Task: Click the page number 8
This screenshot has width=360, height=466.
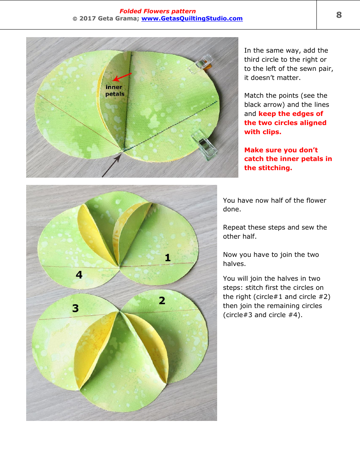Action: pos(339,15)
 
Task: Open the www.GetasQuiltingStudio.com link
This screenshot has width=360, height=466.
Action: pos(192,19)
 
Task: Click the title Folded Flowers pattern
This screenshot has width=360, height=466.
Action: pos(158,11)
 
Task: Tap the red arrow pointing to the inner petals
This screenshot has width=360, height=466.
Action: pos(122,77)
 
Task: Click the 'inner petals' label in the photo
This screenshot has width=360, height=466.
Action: pos(115,91)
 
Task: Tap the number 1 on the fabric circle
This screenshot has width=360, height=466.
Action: pos(167,258)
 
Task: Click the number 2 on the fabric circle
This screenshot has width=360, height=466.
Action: pos(162,301)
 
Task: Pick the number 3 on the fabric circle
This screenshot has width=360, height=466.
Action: pos(75,309)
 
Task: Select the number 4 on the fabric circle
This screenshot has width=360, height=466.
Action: pos(79,275)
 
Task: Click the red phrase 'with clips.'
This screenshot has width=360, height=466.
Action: pos(263,132)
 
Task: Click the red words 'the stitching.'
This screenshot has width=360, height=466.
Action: pos(268,168)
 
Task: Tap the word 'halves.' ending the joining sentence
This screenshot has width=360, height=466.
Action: pos(234,264)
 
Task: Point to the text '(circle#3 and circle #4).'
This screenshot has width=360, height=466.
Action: pos(263,315)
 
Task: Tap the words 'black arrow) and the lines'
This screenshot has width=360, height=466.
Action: pos(286,105)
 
